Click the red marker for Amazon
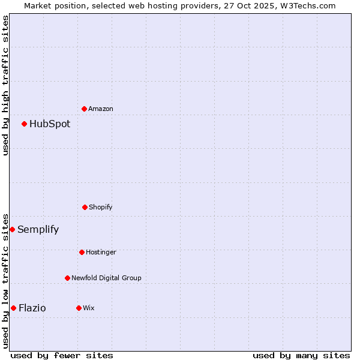coord(85,109)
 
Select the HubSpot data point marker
coord(25,124)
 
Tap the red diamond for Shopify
coord(85,207)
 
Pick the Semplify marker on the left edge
coord(12,229)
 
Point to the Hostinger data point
coord(82,252)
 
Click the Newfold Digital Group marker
coord(67,278)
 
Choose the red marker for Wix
coord(79,308)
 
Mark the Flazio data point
coord(13,308)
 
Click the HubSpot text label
coord(50,124)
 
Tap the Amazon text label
coord(101,109)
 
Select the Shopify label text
coord(101,207)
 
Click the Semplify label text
coord(38,230)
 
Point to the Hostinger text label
coord(101,252)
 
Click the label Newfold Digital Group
coord(106,278)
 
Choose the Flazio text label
coord(32,308)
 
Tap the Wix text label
coord(89,308)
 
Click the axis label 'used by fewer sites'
coord(62,355)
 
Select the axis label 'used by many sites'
coord(301,355)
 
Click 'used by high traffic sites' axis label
coord(5,85)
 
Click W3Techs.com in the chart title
coord(306,5)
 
